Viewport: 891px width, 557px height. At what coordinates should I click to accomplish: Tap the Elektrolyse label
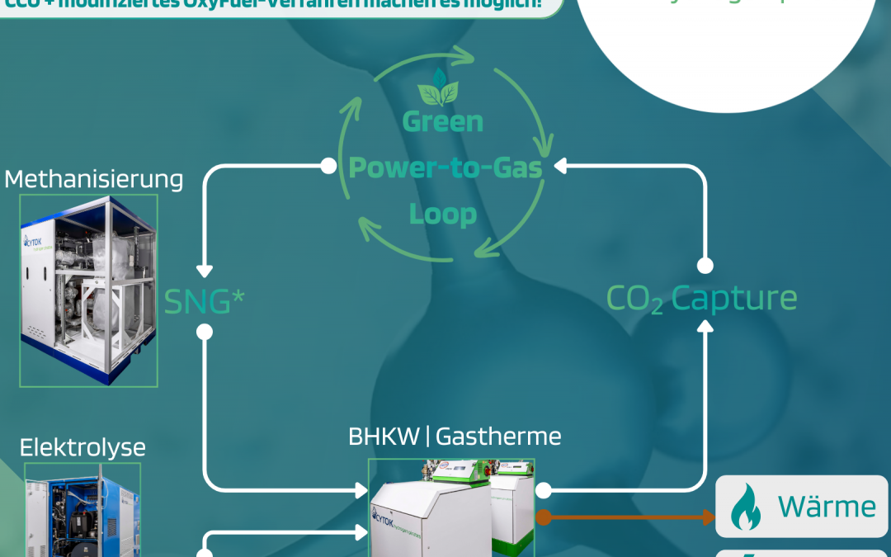coord(82,447)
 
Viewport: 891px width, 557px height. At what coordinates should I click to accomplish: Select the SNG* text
coord(205,301)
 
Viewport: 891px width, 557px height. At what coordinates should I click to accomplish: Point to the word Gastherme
coord(498,437)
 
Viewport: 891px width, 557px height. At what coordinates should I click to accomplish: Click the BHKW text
coord(384,437)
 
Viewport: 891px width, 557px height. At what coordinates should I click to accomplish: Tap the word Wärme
coord(827,506)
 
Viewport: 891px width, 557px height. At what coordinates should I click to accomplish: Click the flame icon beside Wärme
coord(747,507)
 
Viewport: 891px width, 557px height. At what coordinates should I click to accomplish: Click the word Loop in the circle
coord(443,215)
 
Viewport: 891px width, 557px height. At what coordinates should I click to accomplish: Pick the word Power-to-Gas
coord(445,168)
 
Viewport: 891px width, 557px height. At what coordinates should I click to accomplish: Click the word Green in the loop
coord(442,122)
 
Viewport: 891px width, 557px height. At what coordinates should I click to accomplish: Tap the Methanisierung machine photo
coord(88,290)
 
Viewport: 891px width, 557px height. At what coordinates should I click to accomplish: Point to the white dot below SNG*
coord(205,333)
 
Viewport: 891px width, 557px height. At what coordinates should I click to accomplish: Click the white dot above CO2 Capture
coord(705,266)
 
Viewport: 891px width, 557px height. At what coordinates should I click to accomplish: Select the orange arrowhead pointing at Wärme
coord(707,518)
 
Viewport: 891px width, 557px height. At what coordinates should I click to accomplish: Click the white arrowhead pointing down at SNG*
coord(205,271)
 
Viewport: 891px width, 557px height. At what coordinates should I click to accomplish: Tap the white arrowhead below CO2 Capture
coord(705,326)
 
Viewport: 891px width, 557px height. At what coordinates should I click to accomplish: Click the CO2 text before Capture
coord(634,300)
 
